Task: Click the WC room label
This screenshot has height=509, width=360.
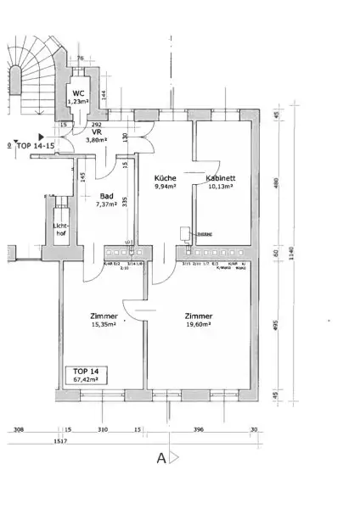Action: point(77,92)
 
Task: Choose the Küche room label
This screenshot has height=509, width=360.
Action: point(164,178)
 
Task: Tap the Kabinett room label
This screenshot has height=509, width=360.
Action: point(221,178)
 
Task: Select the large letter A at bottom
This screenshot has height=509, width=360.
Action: point(160,459)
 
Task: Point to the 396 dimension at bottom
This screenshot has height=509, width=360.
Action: point(199,429)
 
